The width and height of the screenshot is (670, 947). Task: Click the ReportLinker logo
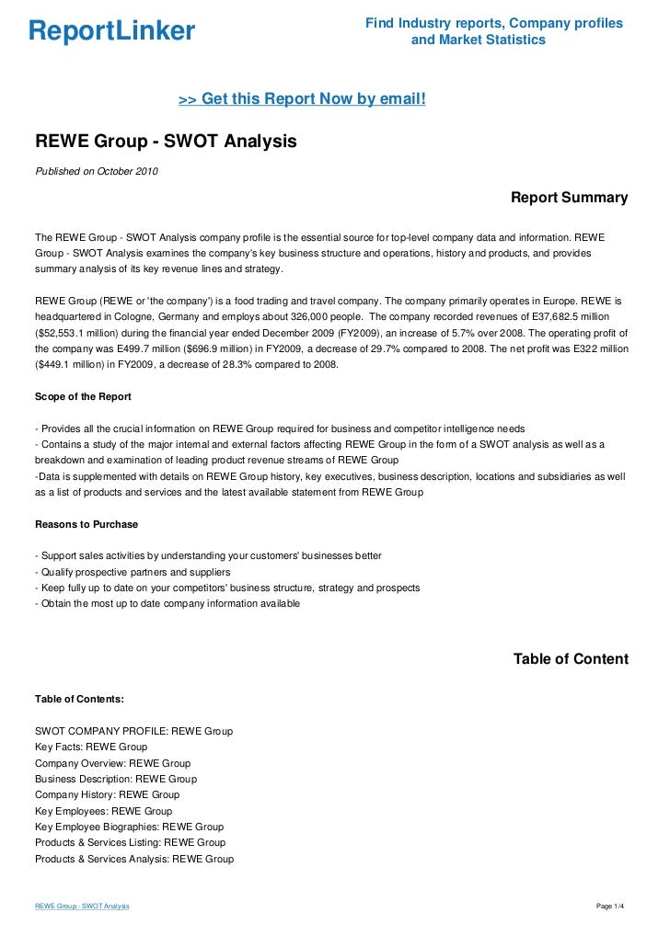pyautogui.click(x=112, y=31)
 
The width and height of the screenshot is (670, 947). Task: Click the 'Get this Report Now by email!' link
pyautogui.click(x=301, y=98)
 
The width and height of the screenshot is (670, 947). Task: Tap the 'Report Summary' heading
pyautogui.click(x=569, y=198)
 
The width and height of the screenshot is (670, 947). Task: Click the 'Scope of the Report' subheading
pyautogui.click(x=83, y=396)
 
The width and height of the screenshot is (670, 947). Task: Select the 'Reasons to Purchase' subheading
pyautogui.click(x=86, y=524)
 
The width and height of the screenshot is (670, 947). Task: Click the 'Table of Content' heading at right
pyautogui.click(x=571, y=659)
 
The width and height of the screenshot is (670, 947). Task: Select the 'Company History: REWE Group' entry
pyautogui.click(x=107, y=794)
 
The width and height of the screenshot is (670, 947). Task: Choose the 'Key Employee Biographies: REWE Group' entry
pyautogui.click(x=129, y=827)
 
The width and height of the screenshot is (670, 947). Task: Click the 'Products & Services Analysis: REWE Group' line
pyautogui.click(x=134, y=859)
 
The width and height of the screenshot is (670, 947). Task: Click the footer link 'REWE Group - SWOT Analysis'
pyautogui.click(x=82, y=907)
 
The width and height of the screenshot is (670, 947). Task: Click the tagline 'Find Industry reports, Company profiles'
pyautogui.click(x=494, y=22)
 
